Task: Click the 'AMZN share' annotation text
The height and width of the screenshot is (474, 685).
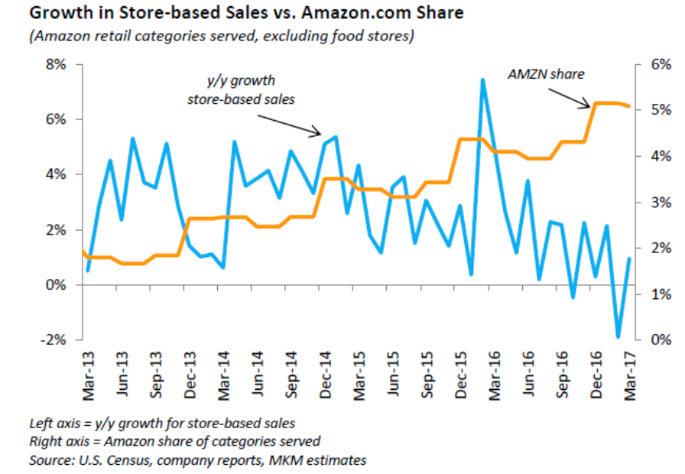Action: tap(546, 74)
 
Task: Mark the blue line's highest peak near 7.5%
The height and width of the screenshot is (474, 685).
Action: tap(483, 80)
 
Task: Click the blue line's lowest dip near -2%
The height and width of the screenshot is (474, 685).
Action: tap(618, 336)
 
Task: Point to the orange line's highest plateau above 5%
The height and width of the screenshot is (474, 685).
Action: tap(607, 102)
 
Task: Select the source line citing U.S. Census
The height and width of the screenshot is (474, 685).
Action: tap(197, 459)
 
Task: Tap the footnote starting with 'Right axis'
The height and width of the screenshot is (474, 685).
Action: tap(175, 440)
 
